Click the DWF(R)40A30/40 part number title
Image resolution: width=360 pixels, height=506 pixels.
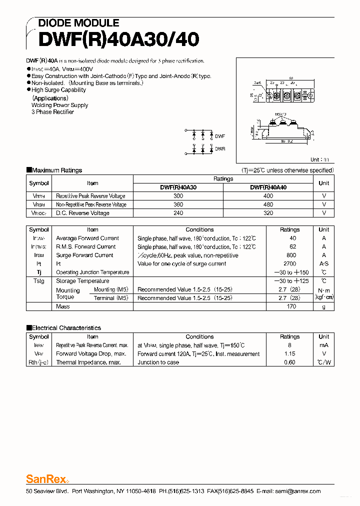tap(112, 39)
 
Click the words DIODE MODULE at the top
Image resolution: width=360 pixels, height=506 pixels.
tap(78, 23)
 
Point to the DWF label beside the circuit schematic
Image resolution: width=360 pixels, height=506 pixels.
tap(220, 136)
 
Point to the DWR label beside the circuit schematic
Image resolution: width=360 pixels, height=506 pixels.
tap(220, 149)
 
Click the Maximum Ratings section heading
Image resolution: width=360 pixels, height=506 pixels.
tap(56, 170)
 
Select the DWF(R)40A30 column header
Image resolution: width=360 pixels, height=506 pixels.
tap(178, 187)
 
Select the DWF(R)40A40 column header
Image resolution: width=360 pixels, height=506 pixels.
tap(268, 187)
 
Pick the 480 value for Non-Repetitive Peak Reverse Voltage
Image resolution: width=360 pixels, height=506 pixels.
tap(268, 204)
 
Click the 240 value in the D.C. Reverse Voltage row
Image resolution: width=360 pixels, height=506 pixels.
tap(178, 213)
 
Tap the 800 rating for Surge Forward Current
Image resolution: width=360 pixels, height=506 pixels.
tap(292, 255)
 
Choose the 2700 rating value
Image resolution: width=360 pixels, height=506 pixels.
tap(290, 264)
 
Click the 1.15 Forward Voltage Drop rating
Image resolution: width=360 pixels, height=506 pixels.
tap(289, 354)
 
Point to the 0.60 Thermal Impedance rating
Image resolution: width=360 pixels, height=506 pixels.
tap(289, 362)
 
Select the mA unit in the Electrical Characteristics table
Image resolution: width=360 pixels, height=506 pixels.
tap(324, 345)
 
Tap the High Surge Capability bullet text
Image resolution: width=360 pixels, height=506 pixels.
tap(58, 90)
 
